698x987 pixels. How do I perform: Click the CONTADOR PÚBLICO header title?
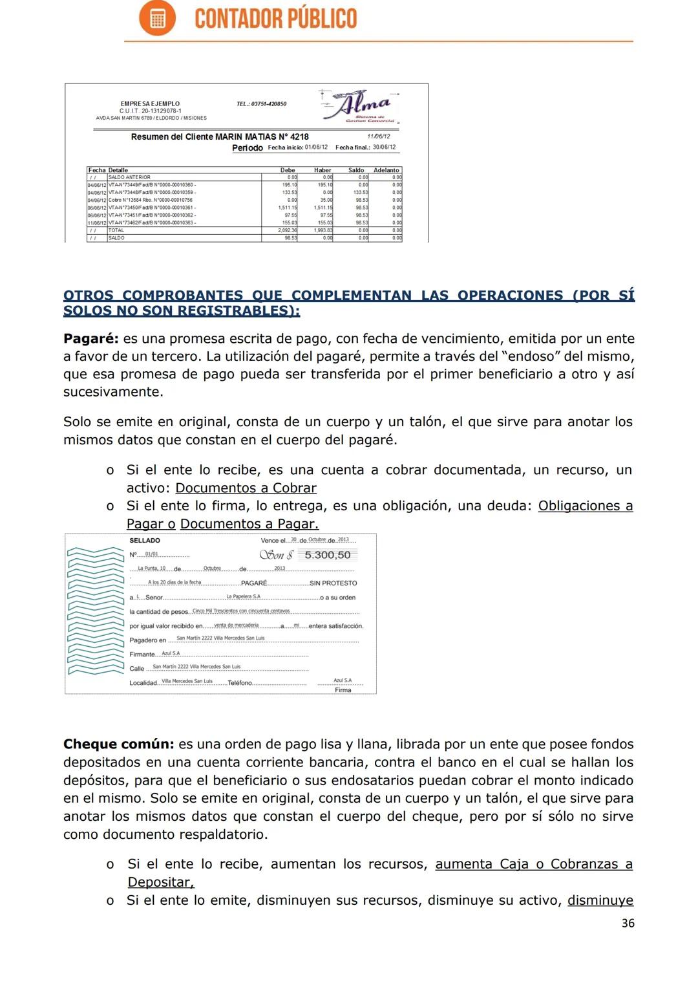275,19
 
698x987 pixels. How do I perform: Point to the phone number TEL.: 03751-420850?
261,104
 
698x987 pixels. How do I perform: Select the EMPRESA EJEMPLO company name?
150,103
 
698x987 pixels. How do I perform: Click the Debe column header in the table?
288,170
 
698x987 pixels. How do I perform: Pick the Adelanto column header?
386,170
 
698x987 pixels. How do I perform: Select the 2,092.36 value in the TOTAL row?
288,230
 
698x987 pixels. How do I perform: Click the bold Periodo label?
247,148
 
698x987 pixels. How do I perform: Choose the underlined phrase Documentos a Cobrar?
246,488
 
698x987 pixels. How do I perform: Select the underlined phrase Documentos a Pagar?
249,524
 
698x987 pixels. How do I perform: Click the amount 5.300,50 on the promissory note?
327,555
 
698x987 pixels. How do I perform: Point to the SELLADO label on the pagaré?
144,541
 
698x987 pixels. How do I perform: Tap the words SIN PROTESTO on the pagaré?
333,583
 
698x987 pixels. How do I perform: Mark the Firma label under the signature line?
343,690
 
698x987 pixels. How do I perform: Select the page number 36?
627,923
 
